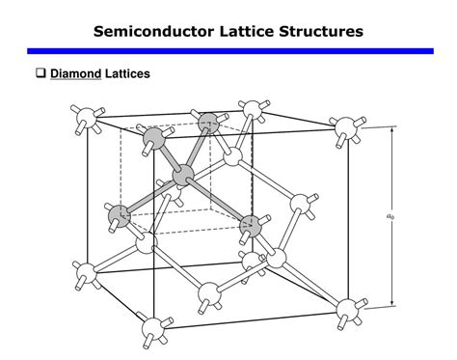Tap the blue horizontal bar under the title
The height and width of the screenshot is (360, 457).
[x=228, y=50]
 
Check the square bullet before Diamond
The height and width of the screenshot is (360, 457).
[x=40, y=73]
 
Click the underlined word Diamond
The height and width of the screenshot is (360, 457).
[x=75, y=73]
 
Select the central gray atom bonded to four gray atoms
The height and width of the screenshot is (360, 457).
[x=183, y=176]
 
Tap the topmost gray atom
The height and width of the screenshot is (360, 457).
[x=207, y=124]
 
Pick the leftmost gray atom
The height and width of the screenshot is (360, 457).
[x=119, y=214]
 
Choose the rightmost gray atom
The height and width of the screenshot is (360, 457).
[x=250, y=226]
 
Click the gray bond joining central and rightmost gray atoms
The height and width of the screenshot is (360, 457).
[x=217, y=201]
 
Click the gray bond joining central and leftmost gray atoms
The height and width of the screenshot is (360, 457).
[x=150, y=195]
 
